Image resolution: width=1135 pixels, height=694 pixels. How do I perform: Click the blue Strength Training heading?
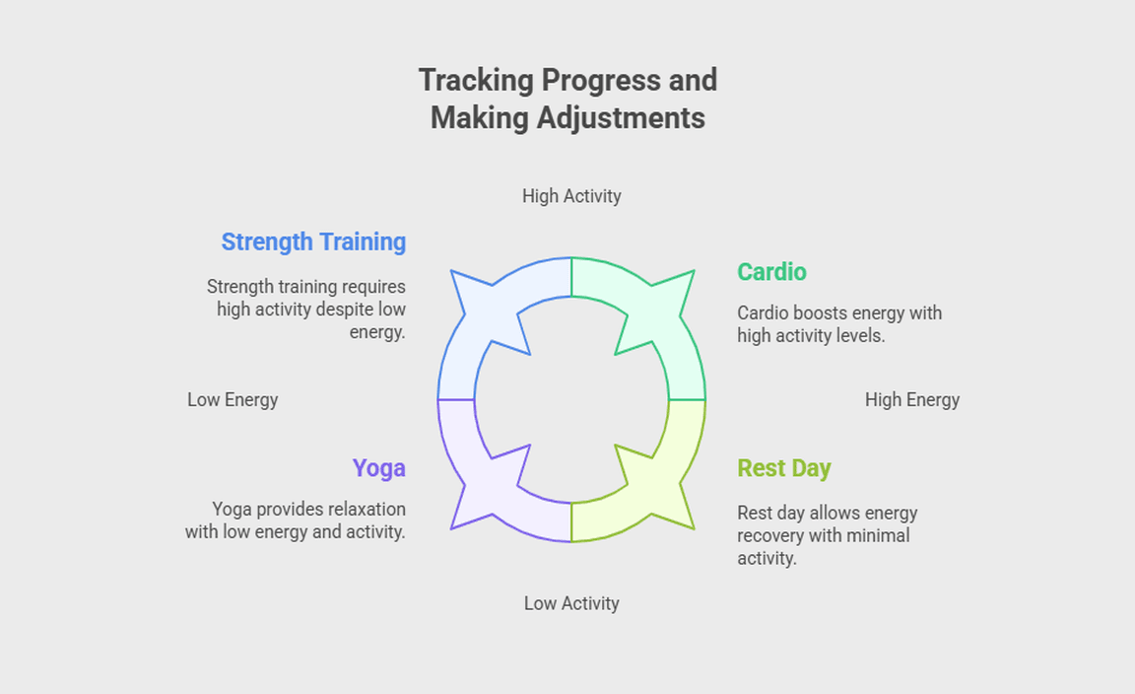coord(313,242)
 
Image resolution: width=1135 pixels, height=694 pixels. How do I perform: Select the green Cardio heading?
coord(771,272)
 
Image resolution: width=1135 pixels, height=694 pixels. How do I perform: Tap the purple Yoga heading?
coord(378,468)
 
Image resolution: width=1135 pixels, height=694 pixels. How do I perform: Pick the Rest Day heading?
coord(784,468)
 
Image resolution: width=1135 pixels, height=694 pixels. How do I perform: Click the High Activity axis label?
coord(571,196)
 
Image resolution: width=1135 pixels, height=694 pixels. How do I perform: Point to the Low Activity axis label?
coord(571,603)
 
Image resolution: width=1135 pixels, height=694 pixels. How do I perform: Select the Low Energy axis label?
coord(233,400)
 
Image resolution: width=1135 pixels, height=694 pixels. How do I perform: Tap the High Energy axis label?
coord(912,400)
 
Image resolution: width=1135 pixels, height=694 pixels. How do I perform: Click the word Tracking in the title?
coord(476,81)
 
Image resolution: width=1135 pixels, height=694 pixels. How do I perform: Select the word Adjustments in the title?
coord(621,118)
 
